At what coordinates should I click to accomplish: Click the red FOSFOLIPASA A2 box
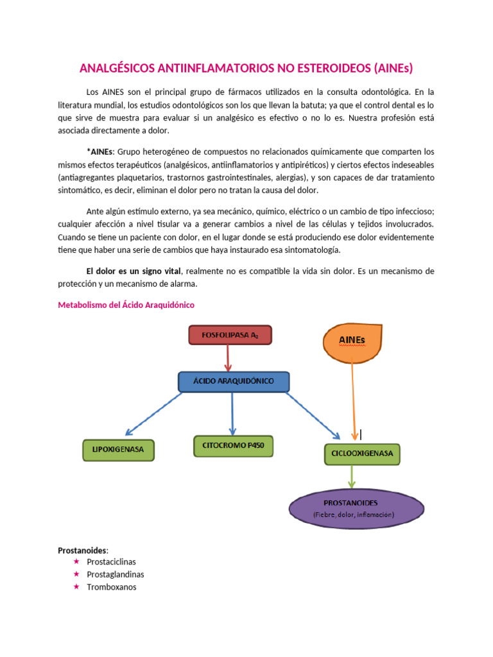[x=230, y=334]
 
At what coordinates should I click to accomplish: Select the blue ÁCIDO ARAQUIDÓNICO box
[x=233, y=381]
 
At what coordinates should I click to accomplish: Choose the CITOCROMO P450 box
[x=233, y=445]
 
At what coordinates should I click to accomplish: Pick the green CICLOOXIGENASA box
[x=362, y=454]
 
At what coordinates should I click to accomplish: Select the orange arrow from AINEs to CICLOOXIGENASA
[x=353, y=398]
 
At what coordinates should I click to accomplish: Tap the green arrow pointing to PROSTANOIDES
[x=351, y=475]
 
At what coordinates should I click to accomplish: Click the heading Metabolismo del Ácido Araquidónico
[x=126, y=305]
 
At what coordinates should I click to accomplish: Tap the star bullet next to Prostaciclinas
[x=76, y=561]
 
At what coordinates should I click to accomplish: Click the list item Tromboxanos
[x=112, y=587]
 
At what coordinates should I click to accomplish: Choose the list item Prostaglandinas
[x=116, y=574]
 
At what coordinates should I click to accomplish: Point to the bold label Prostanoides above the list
[x=83, y=550]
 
